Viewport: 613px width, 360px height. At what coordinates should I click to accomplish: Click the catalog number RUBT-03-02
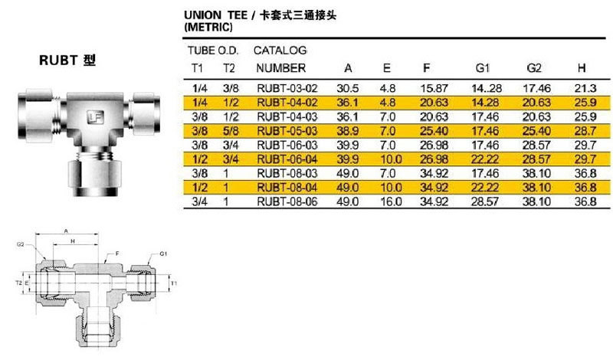[x=287, y=88]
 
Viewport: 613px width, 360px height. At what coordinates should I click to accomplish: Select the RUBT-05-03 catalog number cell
[x=287, y=131]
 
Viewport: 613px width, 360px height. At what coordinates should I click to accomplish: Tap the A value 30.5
[x=348, y=88]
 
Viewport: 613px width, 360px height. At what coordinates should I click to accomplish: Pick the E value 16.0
[x=391, y=201]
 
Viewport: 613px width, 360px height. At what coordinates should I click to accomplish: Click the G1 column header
[x=483, y=68]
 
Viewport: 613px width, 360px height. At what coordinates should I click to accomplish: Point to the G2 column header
[x=534, y=68]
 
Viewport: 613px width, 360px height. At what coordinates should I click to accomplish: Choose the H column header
[x=582, y=68]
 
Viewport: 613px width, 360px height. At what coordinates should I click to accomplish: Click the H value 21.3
[x=585, y=88]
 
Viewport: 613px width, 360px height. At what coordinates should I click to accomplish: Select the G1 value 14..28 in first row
[x=487, y=88]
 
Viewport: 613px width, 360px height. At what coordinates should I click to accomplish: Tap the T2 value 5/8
[x=231, y=131]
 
